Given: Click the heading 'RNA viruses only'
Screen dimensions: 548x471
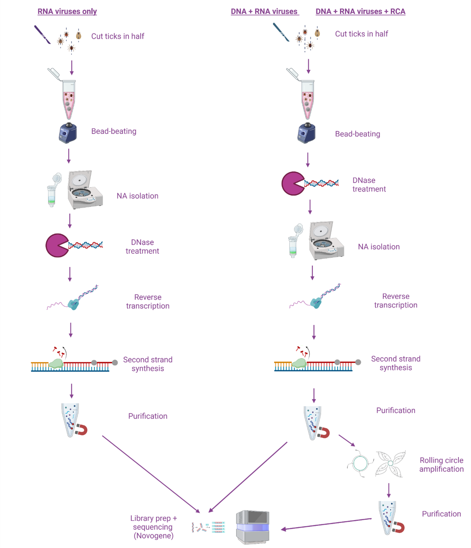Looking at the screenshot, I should click(x=67, y=11).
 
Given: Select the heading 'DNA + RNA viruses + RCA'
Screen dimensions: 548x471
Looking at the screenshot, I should click(x=360, y=11).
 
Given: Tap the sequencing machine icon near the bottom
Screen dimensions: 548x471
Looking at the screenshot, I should click(x=253, y=527).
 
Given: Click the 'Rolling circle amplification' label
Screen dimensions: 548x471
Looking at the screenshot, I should click(x=441, y=464).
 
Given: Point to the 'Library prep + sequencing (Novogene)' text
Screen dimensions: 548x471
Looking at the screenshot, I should click(x=153, y=527).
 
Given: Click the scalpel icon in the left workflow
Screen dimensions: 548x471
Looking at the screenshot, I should click(x=42, y=35).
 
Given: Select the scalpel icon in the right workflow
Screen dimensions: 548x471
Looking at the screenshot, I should click(x=281, y=32).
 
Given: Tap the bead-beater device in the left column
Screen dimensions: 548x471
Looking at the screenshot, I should click(x=68, y=133).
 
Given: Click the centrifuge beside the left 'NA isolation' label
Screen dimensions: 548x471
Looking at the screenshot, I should click(x=85, y=190).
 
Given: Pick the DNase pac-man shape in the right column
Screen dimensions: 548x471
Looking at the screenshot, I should click(x=292, y=184).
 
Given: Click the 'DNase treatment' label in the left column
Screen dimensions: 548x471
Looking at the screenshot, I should click(x=142, y=247).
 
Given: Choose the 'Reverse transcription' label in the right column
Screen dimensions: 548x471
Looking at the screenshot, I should click(x=395, y=301).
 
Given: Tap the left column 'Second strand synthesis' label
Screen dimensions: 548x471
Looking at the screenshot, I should click(x=148, y=364).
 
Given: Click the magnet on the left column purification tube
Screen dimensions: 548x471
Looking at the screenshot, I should click(x=82, y=430).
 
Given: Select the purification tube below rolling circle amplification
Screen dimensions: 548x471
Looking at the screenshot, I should click(x=387, y=517).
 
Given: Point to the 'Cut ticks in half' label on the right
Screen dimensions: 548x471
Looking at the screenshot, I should click(x=361, y=34).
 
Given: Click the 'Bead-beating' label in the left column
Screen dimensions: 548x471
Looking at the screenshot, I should click(x=114, y=131).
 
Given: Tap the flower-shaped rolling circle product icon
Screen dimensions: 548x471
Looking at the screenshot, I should click(x=390, y=464).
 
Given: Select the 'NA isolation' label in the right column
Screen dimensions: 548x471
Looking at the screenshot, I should click(x=378, y=247).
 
